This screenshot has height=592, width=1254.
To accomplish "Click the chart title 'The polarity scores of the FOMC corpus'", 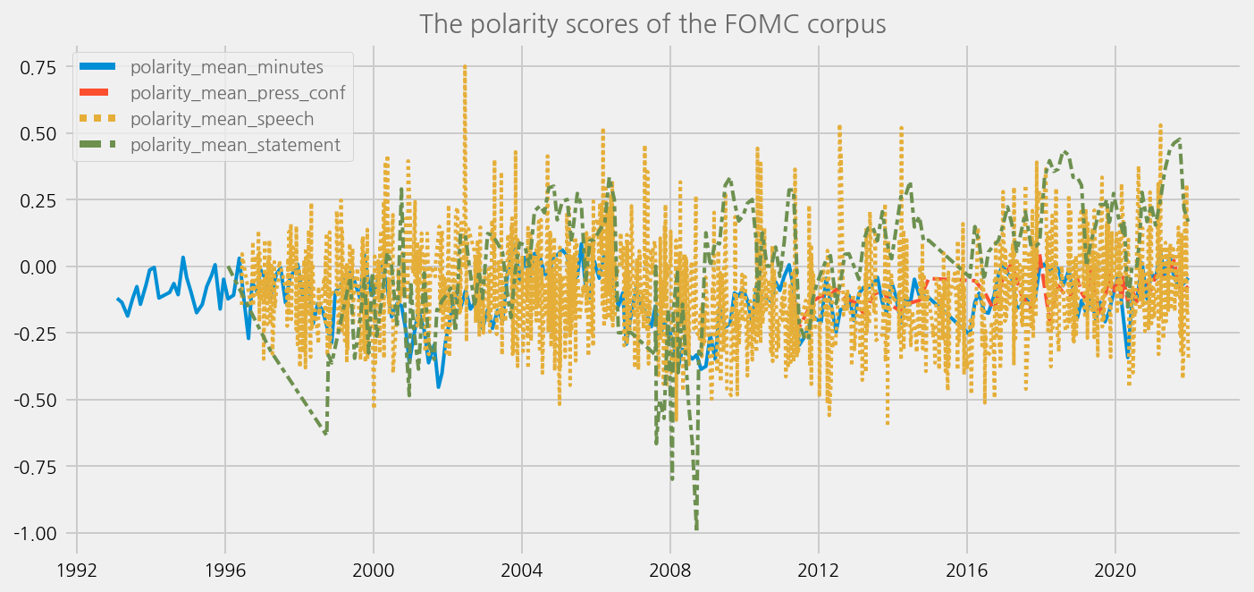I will tap(652, 24).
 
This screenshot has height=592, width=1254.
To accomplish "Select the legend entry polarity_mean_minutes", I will tap(226, 66).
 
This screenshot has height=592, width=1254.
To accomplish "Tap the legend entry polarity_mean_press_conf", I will tap(237, 92).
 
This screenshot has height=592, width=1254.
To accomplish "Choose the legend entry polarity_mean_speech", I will tap(222, 118).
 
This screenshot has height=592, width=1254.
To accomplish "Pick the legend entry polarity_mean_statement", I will tap(234, 144).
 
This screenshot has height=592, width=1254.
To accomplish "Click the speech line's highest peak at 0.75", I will tap(465, 66).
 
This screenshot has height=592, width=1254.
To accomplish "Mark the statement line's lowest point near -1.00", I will tap(696, 529).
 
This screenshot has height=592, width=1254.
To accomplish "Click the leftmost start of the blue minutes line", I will tap(117, 299).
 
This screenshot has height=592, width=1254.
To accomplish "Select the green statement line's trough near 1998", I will tap(325, 435).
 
